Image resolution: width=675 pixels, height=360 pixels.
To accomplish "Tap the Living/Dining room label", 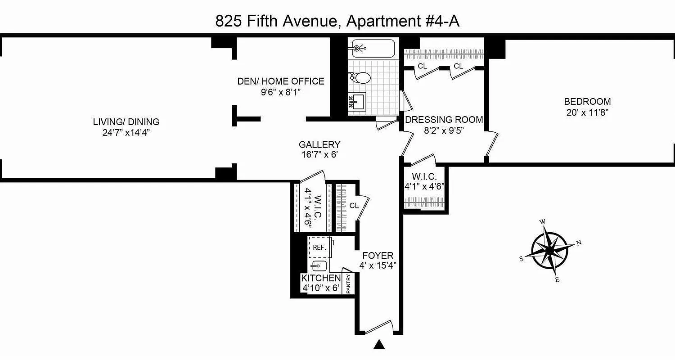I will (126, 121).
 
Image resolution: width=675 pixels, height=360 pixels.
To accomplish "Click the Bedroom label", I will (587, 102).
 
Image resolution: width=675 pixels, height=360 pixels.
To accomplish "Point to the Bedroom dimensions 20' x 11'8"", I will (587, 112).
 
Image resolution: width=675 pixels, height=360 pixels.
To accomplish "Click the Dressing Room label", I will (444, 120).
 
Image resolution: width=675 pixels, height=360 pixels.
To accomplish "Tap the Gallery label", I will (319, 144).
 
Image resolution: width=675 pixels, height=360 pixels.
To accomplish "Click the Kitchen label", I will (321, 278).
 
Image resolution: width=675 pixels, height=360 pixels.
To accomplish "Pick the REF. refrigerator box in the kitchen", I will (319, 247).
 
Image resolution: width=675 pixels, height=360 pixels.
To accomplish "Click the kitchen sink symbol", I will (319, 265).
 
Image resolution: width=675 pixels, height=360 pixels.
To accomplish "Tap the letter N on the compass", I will (579, 243).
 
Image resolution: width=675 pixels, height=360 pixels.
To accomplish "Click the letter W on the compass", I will (543, 221).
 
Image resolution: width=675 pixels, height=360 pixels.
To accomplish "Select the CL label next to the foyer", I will (354, 206).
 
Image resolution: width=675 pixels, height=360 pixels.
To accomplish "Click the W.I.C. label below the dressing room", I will (424, 176).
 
